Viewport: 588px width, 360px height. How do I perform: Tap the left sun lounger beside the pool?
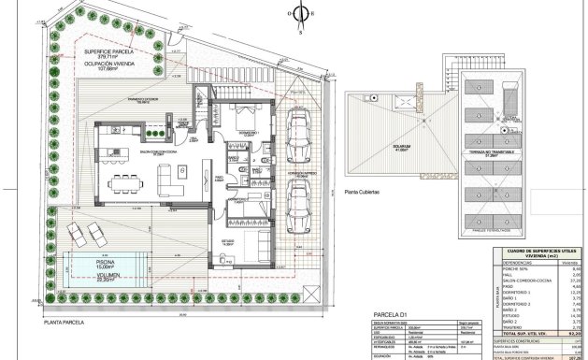(x=79, y=228)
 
